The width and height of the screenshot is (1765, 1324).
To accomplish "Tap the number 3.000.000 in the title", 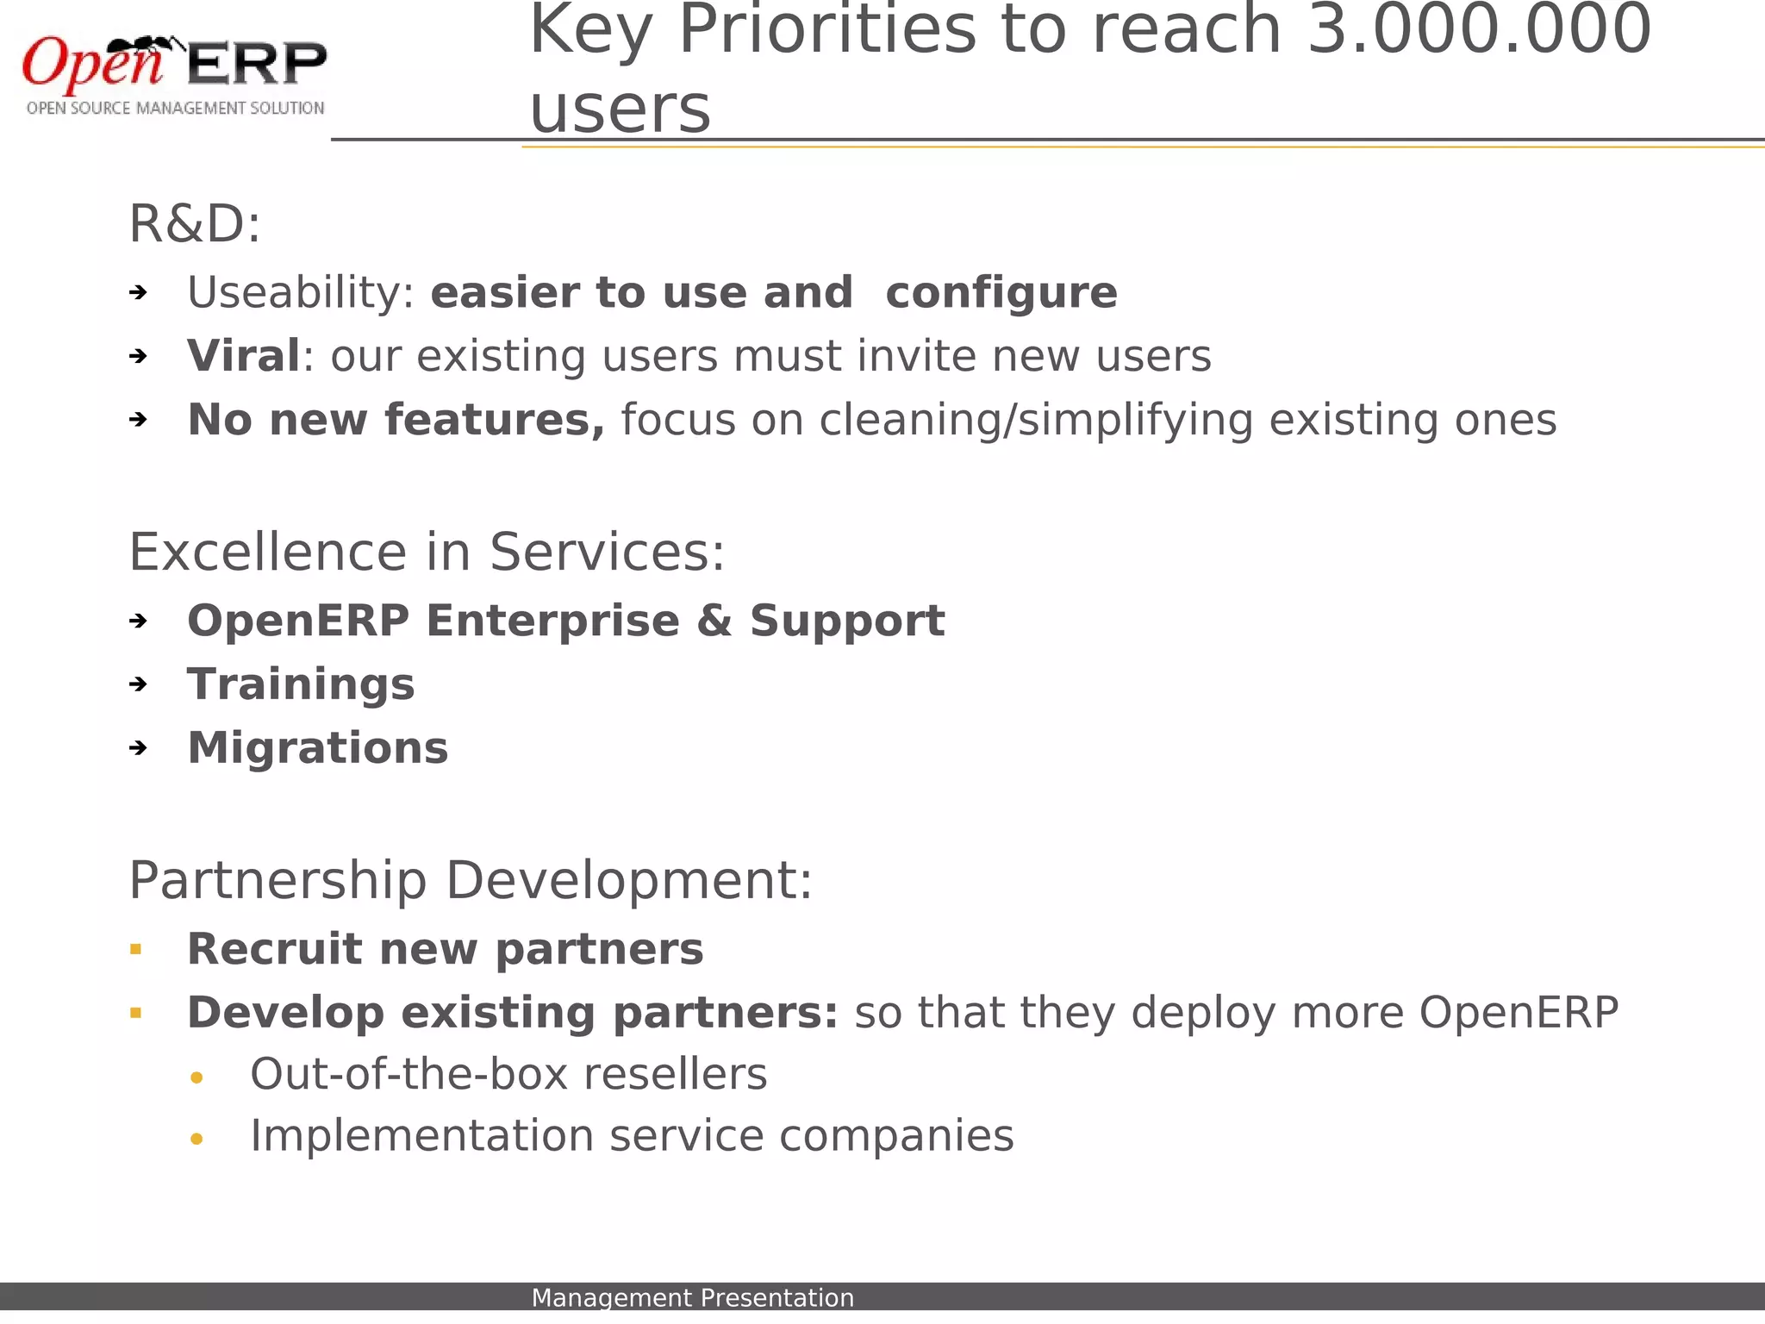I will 1478,30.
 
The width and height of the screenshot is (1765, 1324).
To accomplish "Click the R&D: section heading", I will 195,225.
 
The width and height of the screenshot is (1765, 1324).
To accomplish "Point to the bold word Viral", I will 244,356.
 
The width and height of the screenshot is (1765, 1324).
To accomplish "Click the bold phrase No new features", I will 396,420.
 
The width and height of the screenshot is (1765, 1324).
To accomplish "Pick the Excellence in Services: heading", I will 427,553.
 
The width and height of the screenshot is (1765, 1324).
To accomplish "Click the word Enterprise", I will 552,621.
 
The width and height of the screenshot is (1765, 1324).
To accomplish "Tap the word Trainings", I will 301,684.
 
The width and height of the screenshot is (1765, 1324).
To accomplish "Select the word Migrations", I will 318,748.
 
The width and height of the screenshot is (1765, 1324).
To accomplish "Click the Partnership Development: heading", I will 471,881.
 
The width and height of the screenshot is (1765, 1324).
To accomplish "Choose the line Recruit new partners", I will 445,949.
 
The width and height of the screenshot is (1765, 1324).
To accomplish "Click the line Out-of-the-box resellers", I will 508,1075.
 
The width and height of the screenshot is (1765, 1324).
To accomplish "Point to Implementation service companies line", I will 632,1136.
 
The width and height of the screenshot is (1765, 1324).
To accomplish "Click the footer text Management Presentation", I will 692,1297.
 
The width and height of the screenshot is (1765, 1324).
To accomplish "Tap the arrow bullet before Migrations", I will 138,748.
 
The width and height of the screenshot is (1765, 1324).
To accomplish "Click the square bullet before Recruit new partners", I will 135,950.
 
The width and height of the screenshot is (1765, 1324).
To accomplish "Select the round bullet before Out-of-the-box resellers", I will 196,1077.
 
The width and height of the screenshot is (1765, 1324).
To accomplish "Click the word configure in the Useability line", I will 1001,293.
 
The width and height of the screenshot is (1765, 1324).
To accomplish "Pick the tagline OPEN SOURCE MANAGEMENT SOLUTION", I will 175,109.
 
